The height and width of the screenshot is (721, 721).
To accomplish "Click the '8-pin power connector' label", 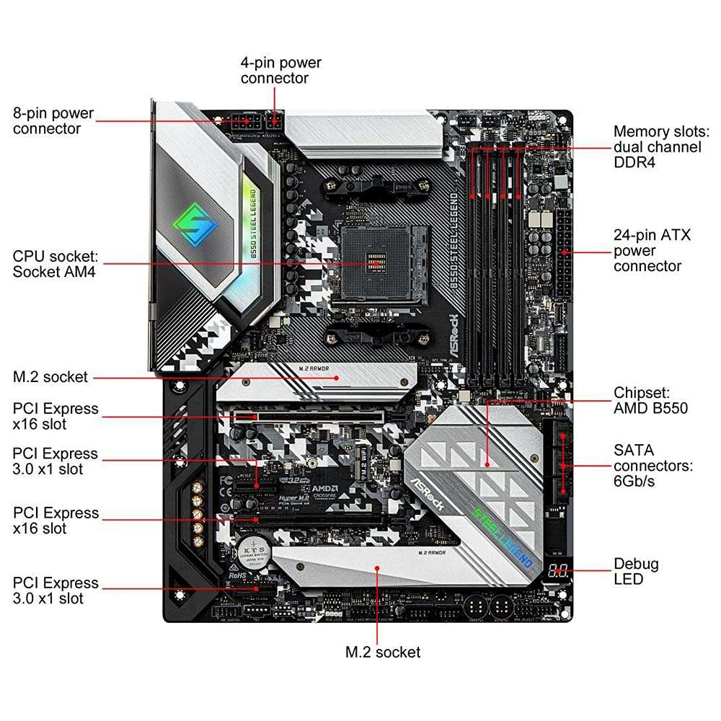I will pos(53,121).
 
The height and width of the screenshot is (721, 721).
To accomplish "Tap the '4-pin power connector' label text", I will pos(280,70).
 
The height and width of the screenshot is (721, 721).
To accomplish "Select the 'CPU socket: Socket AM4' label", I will pos(55,264).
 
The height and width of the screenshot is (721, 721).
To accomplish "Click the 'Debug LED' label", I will pos(635,571).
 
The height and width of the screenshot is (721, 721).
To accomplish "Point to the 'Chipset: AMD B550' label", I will pos(650,400).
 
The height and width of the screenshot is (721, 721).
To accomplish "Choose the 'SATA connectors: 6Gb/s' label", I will pos(653,465).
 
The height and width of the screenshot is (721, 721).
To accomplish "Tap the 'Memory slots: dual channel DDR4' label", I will pos(660,147).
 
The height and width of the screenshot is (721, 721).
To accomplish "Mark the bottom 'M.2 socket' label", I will pos(382,652).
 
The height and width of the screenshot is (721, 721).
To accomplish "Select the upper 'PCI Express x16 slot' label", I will pos(56,416).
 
